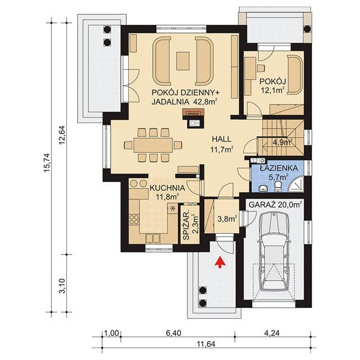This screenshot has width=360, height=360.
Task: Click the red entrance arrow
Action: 220,262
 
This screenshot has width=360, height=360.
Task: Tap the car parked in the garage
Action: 274,251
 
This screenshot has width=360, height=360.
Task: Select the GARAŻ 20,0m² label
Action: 275,204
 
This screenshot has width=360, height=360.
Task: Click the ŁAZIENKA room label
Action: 279,168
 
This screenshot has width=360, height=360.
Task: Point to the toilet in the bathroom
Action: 278,186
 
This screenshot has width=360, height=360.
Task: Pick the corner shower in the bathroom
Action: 296,184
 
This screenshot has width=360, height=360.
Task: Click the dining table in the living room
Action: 153,145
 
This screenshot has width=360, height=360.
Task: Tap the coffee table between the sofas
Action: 183,61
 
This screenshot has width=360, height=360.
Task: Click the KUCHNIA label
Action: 167,188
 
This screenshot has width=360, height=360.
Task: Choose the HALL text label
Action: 222,139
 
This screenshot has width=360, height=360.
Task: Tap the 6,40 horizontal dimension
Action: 173,333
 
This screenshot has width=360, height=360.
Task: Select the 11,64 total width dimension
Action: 206,344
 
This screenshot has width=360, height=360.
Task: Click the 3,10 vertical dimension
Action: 62,286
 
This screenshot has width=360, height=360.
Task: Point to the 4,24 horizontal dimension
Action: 272,333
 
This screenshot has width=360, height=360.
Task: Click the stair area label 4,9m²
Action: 282,142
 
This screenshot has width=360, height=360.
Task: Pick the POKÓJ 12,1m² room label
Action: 273,86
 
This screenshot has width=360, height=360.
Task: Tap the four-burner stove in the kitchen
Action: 134,220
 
